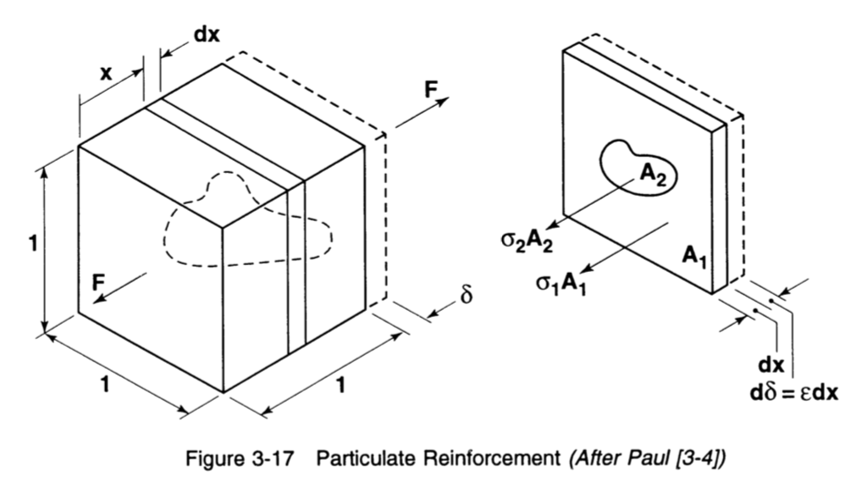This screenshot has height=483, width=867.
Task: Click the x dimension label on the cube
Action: [106, 73]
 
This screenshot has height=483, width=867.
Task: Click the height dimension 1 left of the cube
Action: [31, 245]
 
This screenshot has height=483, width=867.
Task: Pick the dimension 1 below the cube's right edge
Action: [340, 386]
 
